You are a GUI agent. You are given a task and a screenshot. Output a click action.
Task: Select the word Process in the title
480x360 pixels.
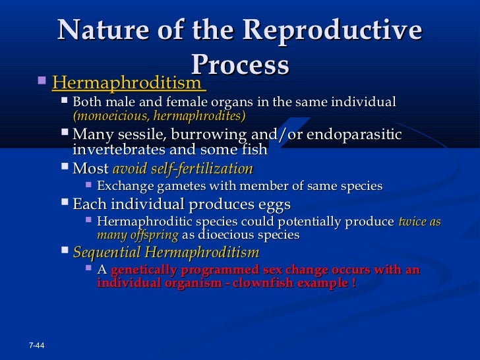pos(240,65)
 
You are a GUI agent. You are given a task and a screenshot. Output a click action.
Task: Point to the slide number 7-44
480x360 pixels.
pos(37,346)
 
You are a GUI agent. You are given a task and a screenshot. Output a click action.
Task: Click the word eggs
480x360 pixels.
pos(270,204)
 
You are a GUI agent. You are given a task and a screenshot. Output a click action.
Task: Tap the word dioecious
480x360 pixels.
pos(225,235)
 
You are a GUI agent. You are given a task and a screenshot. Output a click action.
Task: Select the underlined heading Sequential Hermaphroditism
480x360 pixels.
pos(165,253)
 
